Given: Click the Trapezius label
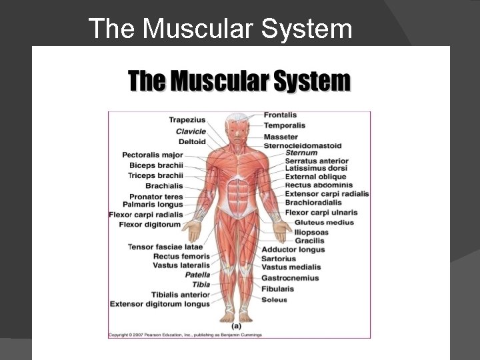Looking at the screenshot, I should (x=187, y=120).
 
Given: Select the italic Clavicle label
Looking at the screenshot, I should (x=191, y=131).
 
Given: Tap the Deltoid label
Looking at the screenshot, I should (x=192, y=141).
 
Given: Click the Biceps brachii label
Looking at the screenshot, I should (x=156, y=165).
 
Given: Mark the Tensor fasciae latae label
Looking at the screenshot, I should (x=165, y=247).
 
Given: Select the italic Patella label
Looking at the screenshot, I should (x=197, y=275).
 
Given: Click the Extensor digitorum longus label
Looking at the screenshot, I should (x=160, y=304).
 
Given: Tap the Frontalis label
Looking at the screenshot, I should (x=280, y=115).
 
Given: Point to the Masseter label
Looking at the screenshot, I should (x=281, y=137).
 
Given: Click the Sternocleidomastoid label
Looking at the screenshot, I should (x=303, y=145).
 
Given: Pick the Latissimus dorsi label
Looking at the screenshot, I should (x=316, y=169).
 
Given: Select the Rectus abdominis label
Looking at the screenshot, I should (x=319, y=185).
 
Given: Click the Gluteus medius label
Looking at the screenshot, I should (x=325, y=222).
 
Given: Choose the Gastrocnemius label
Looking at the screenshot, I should (x=290, y=278).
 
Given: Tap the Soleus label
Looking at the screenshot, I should (x=274, y=299).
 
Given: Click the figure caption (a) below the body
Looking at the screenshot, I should (x=236, y=326).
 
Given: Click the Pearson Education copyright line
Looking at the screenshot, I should (x=185, y=335).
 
